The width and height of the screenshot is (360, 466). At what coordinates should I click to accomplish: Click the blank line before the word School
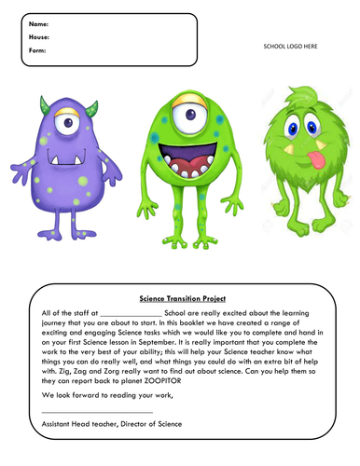pyautogui.click(x=130, y=314)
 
